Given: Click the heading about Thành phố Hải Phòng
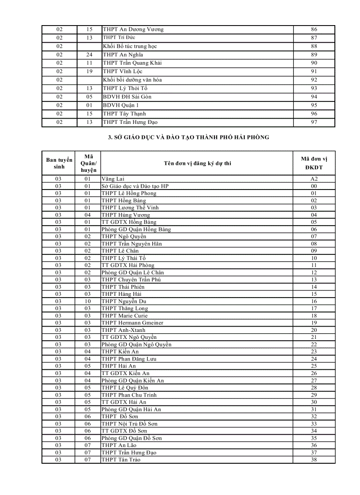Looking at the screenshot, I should point(188,137).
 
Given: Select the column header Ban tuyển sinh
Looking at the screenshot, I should point(59,163).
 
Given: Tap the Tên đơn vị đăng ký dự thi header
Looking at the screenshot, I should point(197,163).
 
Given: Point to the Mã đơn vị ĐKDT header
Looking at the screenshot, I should point(314,163).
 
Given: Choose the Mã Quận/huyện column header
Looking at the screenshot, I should point(89,163).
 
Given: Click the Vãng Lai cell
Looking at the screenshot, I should point(113,179).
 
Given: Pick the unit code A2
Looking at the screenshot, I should point(314,179).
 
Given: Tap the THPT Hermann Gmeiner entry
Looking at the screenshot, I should point(132,323).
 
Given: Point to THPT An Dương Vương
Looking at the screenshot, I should point(133,30).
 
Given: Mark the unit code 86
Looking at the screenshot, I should point(314,30).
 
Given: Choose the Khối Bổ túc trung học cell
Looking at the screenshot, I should point(130,46).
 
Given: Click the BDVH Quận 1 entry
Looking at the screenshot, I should point(120,105).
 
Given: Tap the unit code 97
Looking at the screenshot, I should point(314,122).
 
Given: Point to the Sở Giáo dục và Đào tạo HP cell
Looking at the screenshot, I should point(135,186).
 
